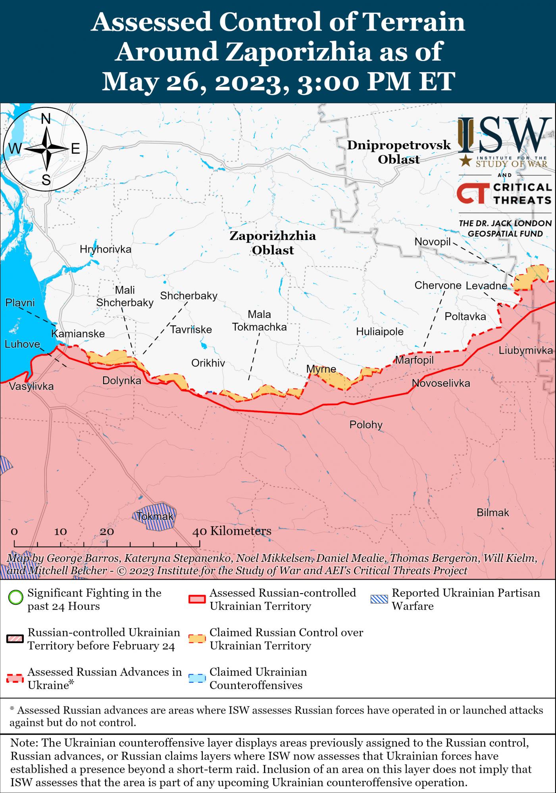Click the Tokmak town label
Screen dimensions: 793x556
(155, 517)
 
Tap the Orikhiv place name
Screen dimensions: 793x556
(208, 363)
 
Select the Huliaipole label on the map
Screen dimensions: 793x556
(379, 331)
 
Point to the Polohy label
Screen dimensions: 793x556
(366, 425)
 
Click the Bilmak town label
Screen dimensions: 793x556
(493, 512)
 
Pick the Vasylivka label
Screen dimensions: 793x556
(31, 386)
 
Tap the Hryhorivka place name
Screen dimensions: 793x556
(105, 249)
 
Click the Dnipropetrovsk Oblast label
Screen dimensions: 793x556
(398, 152)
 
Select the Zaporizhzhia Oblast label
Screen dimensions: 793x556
(273, 243)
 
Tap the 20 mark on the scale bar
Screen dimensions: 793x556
(107, 531)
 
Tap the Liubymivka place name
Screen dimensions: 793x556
(526, 350)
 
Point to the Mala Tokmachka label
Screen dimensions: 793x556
(259, 321)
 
